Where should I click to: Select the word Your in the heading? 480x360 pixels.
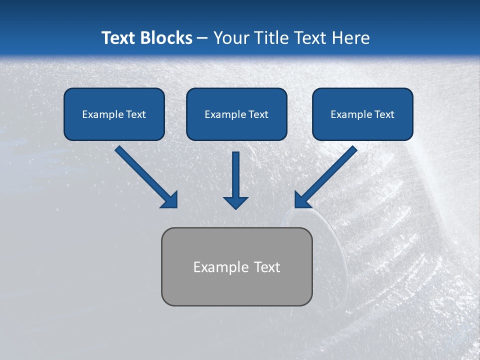[231, 38]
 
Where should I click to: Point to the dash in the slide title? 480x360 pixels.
[202, 38]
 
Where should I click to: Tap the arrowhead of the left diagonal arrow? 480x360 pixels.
[170, 200]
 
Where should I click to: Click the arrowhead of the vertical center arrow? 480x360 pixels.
[235, 202]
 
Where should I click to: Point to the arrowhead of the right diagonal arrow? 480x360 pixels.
[302, 200]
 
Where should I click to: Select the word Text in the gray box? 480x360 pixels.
[267, 267]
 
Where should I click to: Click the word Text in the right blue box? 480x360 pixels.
[384, 114]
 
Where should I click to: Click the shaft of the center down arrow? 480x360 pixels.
[235, 172]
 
